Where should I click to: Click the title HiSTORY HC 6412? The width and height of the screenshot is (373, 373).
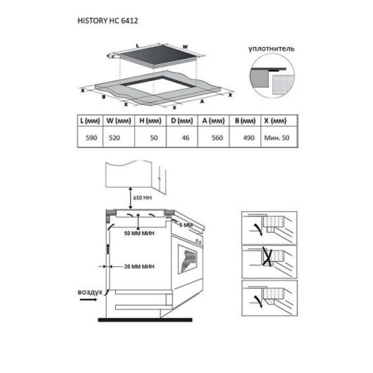pos(108,21)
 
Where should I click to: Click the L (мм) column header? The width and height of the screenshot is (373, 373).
pos(90,121)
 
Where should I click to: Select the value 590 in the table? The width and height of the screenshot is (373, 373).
pos(91,138)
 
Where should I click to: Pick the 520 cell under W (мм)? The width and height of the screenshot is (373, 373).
pos(114,138)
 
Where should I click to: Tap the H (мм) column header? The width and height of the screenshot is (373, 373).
pos(150,121)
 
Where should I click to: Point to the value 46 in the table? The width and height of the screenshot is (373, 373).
pos(185,138)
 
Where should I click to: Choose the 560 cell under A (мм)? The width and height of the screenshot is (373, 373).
pos(217,138)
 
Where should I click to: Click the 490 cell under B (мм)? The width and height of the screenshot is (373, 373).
pos(249,138)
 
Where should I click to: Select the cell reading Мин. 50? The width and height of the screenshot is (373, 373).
pos(277,138)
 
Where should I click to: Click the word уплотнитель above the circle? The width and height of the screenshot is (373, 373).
pos(272,48)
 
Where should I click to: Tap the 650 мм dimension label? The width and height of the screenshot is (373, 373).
pos(142,198)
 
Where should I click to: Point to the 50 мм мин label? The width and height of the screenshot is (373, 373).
pos(139,233)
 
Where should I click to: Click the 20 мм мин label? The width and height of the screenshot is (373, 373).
pos(139,267)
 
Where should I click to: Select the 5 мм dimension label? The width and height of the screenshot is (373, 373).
pos(186,225)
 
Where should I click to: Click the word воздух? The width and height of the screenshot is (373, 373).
pos(90,292)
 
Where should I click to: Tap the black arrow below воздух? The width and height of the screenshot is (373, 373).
pos(88,300)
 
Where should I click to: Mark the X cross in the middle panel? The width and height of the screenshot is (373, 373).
pos(267,256)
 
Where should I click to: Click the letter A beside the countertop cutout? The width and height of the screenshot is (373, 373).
pos(202,101)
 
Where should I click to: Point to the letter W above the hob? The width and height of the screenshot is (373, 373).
pos(185,47)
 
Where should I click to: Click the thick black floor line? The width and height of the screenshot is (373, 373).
pos(145,320)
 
